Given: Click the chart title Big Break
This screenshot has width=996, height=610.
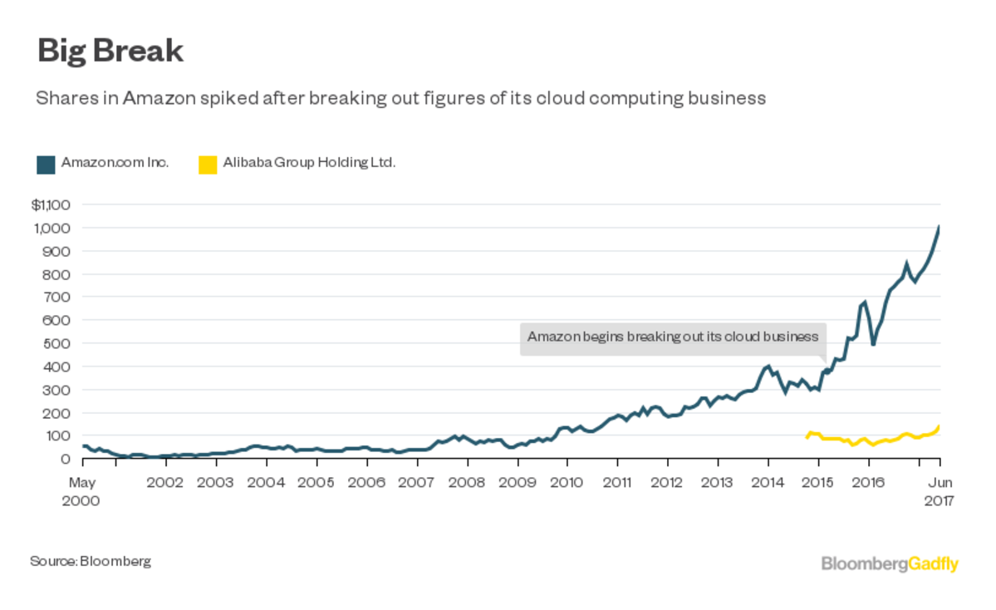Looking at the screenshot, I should point(110,51).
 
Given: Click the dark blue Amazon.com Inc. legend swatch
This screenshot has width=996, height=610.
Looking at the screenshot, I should point(46,165).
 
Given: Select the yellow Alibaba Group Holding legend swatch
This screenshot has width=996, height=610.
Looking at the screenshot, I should point(208,165).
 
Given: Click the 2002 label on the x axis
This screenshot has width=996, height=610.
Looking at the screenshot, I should point(165,483).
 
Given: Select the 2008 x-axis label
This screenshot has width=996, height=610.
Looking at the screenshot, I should point(467,483).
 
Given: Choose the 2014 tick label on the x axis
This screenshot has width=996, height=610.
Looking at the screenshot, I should point(768,483).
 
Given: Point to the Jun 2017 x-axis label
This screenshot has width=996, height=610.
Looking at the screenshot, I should point(939,491).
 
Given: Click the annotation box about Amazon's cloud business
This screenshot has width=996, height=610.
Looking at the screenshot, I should point(673,337).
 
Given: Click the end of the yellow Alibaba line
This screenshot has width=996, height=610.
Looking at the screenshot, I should point(939,427).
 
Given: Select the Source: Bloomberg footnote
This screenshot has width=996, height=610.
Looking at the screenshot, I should point(91,561).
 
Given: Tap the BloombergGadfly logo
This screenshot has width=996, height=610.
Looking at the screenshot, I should point(890,564).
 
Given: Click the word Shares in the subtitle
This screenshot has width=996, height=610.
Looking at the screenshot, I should point(60,98).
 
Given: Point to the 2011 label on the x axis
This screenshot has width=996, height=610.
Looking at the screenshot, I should point(617,483).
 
